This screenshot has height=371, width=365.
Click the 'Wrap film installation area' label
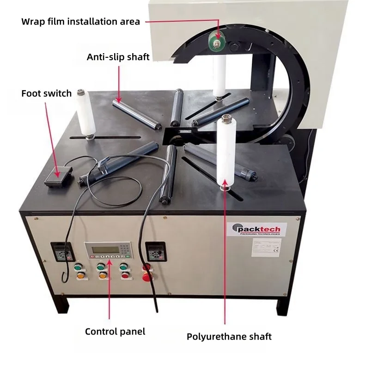pyautogui.click(x=80, y=22)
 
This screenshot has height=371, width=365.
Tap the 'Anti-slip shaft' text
pyautogui.click(x=118, y=57)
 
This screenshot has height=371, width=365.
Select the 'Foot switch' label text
pyautogui.click(x=46, y=93)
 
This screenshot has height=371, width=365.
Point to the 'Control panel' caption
pyautogui.click(x=115, y=331)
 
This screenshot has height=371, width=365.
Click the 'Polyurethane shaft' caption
pyautogui.click(x=229, y=336)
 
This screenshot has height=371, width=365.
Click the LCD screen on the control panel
pyautogui.click(x=103, y=250)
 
